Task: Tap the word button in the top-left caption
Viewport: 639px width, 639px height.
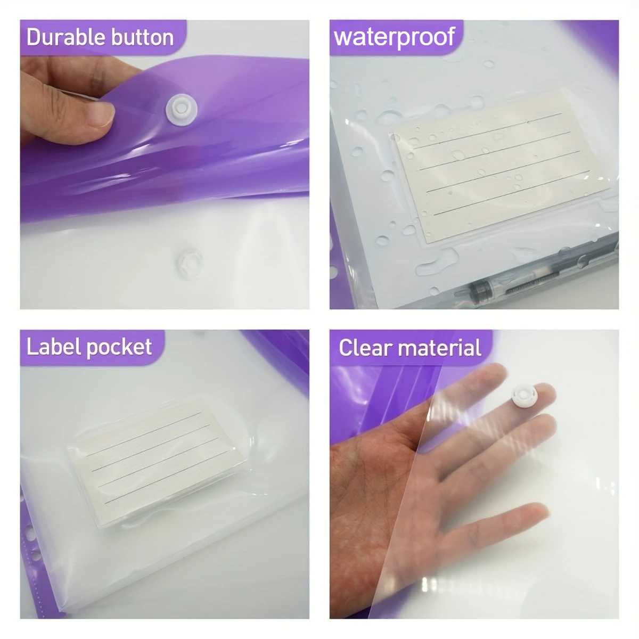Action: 143,37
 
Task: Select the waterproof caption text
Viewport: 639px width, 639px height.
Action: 395,37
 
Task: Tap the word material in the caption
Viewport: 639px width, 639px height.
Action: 440,348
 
